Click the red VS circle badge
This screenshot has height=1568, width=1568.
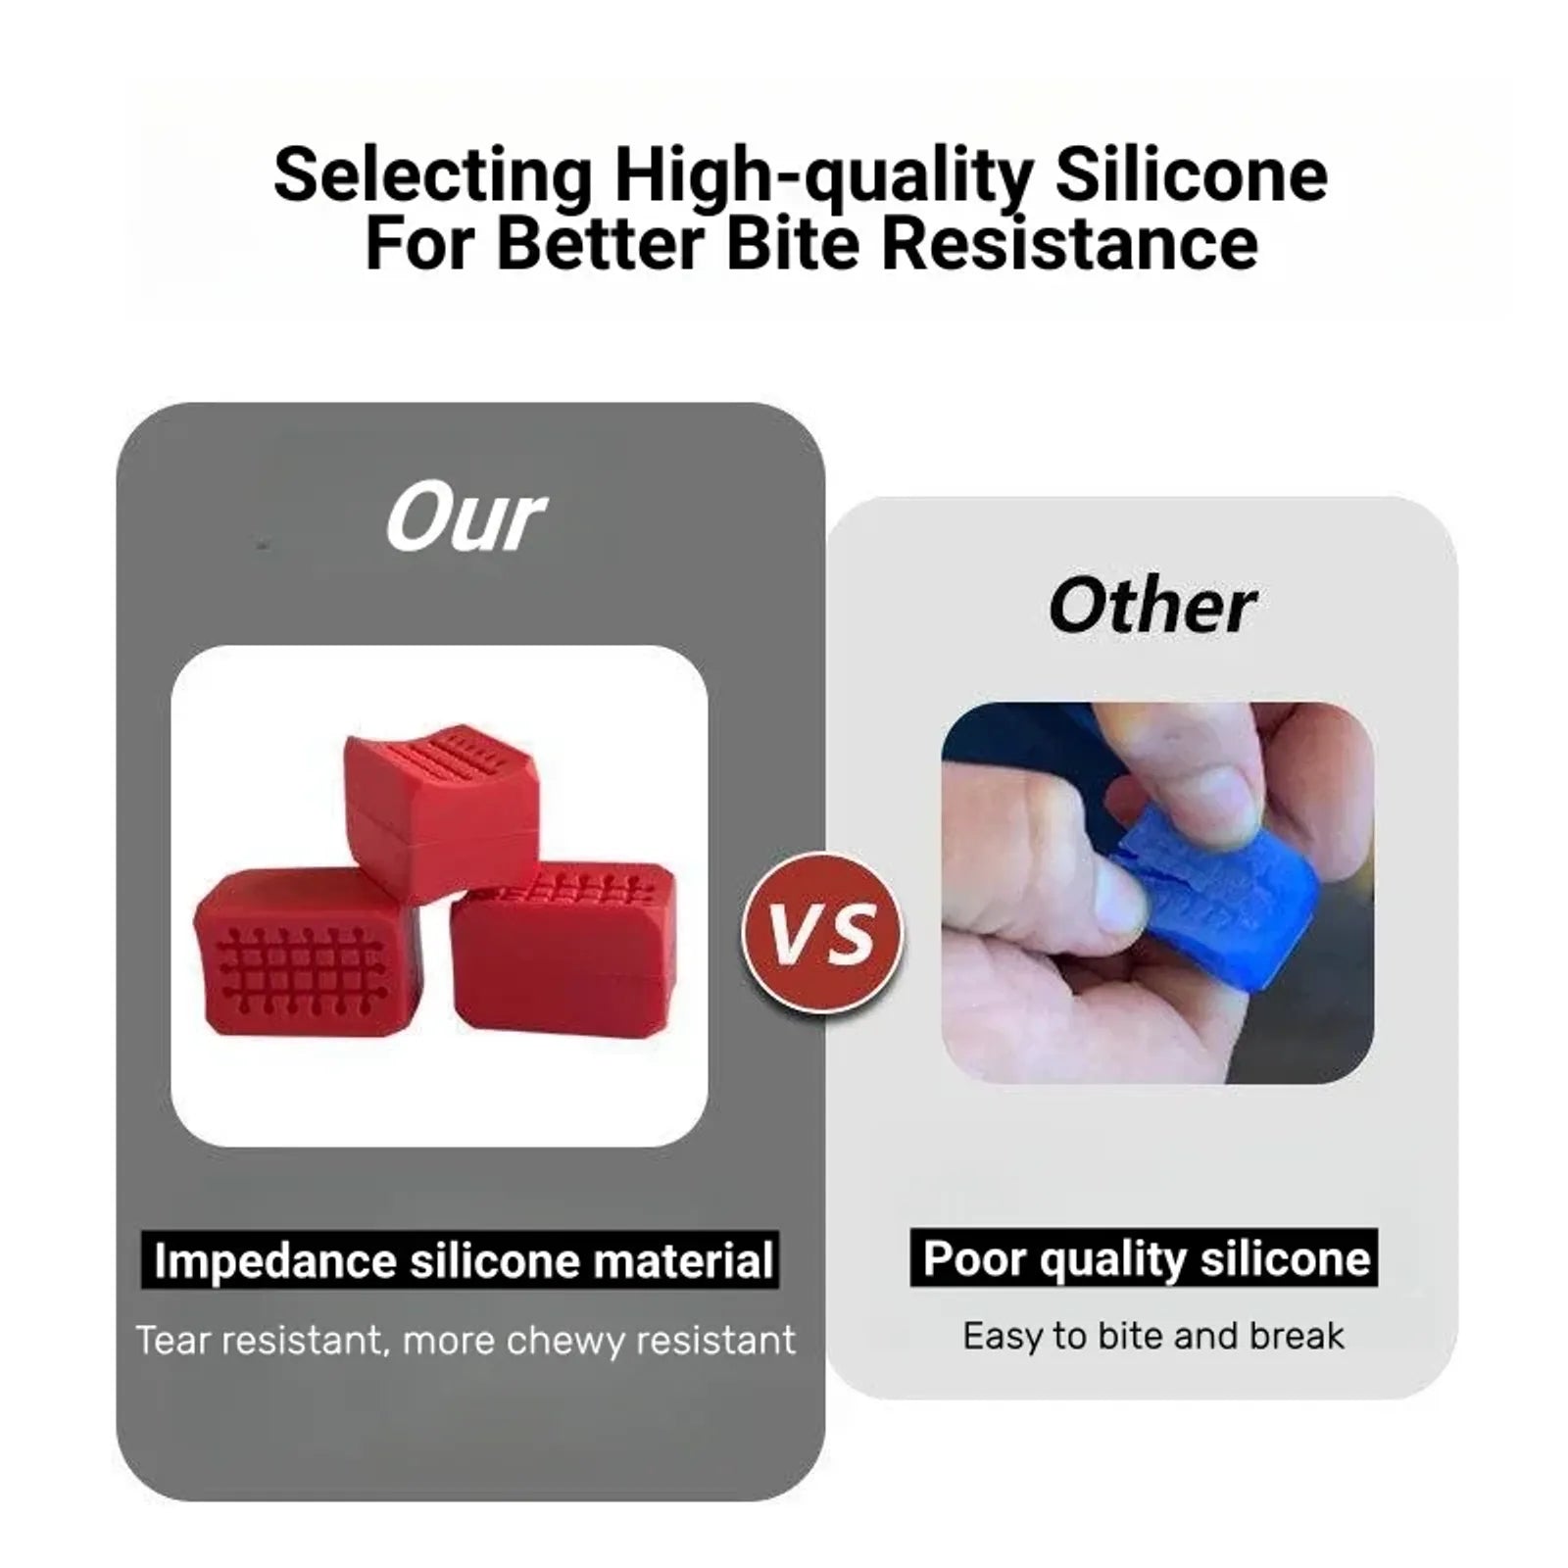coord(824,933)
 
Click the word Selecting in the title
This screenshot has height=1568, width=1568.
coord(433,176)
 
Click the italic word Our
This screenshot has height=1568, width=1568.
coord(465,517)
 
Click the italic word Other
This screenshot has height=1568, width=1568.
coord(1151,606)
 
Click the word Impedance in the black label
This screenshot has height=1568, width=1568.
coord(275,1261)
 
